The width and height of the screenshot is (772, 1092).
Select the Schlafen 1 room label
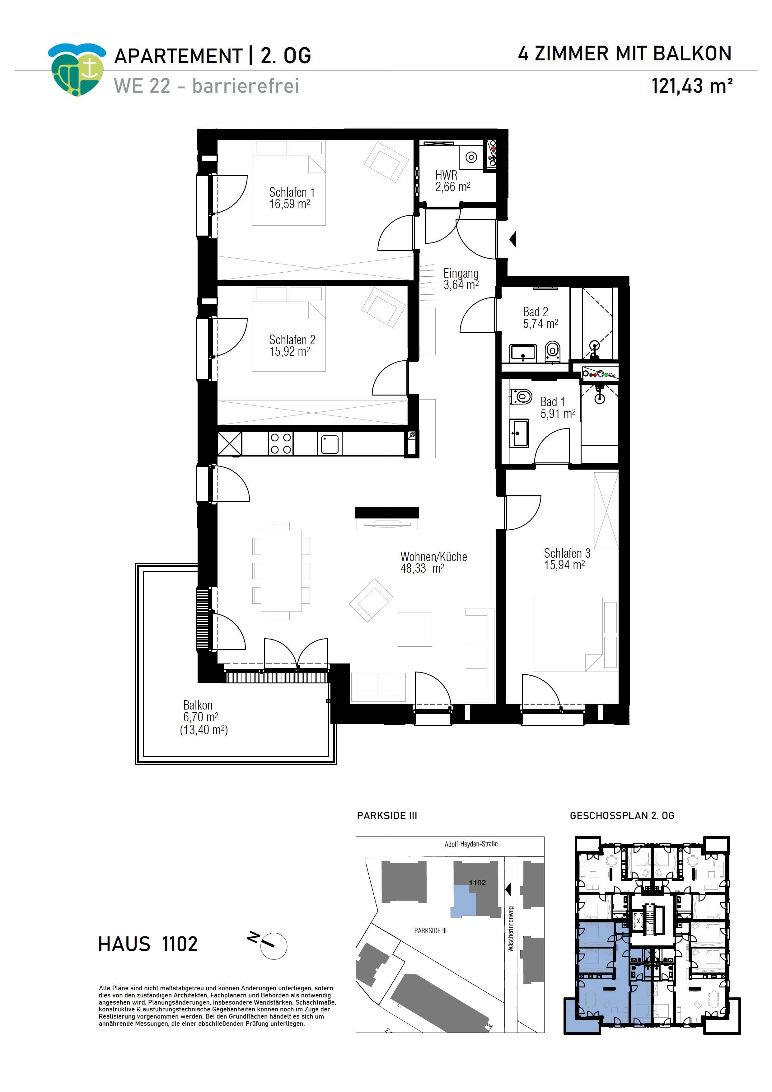292,198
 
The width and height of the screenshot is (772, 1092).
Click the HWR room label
452,181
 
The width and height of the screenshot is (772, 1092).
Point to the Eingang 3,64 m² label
461,279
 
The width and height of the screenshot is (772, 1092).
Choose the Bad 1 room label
558,408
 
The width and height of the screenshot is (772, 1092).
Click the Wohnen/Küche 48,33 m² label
433,562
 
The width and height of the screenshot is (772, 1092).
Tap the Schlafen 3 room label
567,559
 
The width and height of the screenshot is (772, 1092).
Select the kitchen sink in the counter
329,444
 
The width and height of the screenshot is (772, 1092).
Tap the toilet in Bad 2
552,351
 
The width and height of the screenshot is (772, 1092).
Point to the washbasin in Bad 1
519,433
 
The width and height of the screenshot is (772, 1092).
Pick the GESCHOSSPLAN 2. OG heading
622,816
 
